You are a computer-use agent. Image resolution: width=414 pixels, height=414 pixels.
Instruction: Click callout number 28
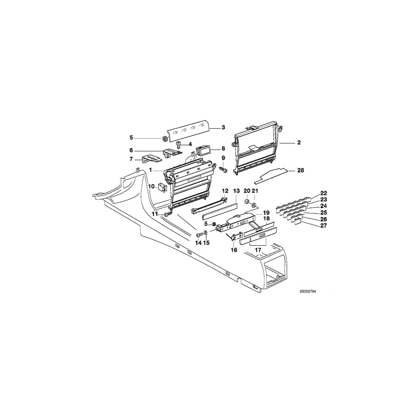(300, 170)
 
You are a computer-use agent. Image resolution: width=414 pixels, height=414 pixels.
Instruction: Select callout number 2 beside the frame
(299, 143)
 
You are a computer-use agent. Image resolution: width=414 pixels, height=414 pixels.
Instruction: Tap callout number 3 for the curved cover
(223, 127)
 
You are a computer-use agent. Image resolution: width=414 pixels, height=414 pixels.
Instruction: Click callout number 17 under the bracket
(258, 250)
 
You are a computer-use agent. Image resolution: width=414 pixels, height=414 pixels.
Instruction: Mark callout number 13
(236, 190)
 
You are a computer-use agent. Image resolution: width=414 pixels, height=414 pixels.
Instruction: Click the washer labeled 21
(255, 203)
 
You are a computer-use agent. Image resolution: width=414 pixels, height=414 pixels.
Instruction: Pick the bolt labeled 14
(199, 235)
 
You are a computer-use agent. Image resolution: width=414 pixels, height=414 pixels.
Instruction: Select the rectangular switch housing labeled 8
(202, 149)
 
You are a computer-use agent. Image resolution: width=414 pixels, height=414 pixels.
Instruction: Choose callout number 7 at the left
(131, 159)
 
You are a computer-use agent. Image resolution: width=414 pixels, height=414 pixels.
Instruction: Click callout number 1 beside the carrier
(150, 170)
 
